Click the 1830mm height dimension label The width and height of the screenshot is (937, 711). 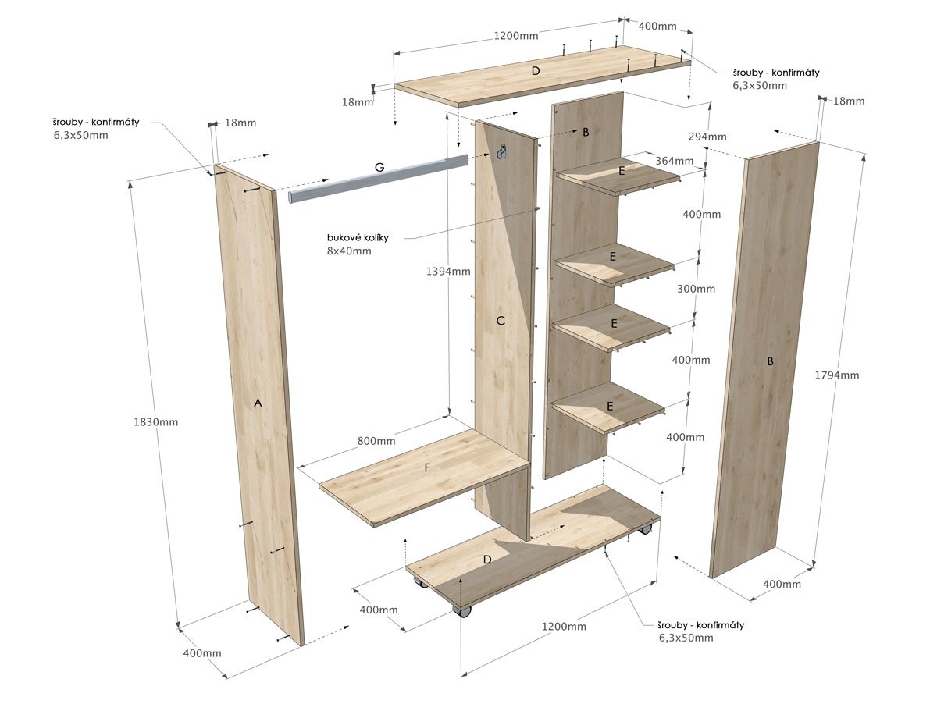[156, 422]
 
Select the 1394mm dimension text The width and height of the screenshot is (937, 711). [448, 272]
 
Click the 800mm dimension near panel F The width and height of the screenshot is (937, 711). [376, 441]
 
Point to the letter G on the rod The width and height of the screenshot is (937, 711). [379, 167]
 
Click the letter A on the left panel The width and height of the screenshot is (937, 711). [258, 403]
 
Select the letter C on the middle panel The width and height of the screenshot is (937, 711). [501, 320]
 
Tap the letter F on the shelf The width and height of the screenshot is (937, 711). [426, 467]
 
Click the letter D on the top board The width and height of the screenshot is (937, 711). [535, 71]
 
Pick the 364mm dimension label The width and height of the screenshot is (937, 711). [674, 161]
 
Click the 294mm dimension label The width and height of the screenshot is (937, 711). [707, 137]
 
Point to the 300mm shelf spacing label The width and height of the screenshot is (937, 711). [696, 289]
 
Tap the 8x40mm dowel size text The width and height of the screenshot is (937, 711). [350, 251]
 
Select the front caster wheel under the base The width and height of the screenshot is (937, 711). [463, 611]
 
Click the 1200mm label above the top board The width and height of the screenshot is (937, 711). [515, 35]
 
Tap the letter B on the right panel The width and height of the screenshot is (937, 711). [770, 361]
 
